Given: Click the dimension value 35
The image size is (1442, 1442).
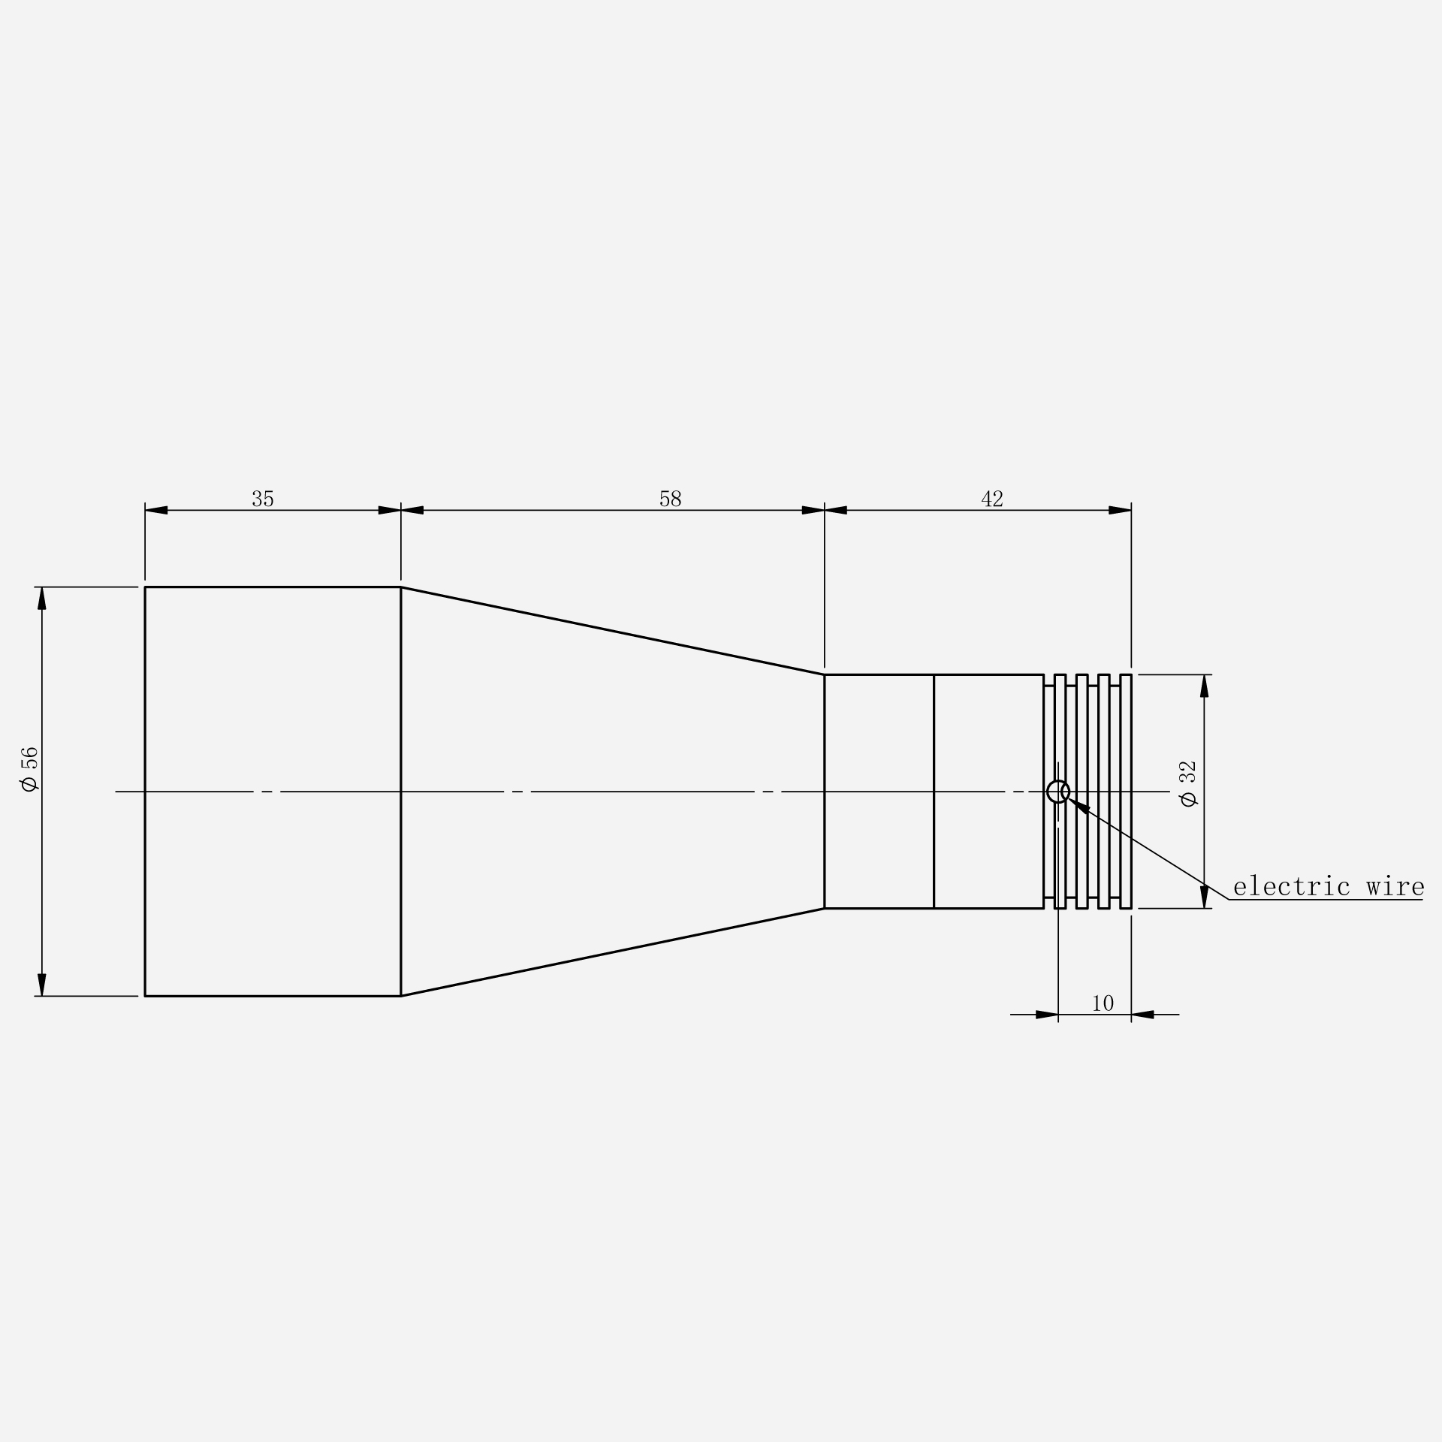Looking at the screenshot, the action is click(263, 499).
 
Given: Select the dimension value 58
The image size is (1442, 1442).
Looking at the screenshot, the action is click(670, 499).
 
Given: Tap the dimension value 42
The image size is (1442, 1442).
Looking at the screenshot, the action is click(992, 499).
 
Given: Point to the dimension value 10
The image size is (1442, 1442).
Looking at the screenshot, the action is click(1103, 1003).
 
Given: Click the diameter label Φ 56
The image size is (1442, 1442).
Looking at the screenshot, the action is click(29, 769).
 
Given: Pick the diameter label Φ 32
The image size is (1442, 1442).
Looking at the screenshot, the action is click(1188, 784).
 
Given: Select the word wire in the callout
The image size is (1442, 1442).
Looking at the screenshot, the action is click(1395, 887).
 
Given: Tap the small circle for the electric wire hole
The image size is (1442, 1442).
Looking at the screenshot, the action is click(1058, 781).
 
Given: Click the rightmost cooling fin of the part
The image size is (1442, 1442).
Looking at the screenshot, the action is click(1126, 792).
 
